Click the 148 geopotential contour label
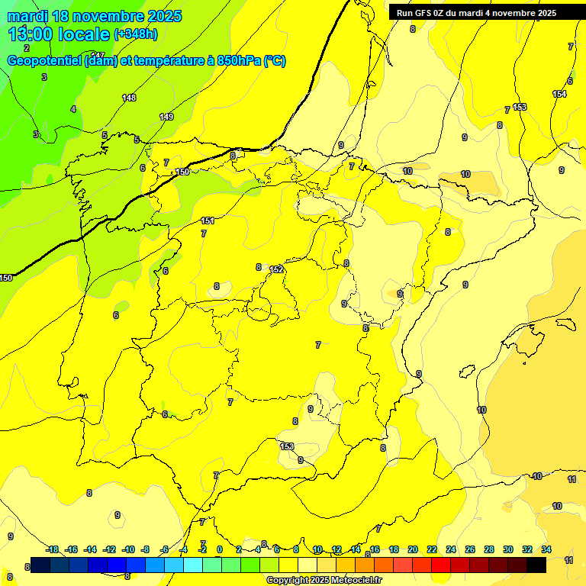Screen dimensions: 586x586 click(129, 98)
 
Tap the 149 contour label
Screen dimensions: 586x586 click(166, 117)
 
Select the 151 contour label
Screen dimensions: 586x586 click(208, 221)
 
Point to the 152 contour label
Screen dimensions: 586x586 click(276, 269)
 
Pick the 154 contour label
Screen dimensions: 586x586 click(559, 94)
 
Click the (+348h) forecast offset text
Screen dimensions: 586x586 click(135, 34)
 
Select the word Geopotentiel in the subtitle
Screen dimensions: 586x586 click(43, 61)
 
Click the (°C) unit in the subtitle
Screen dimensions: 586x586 click(275, 61)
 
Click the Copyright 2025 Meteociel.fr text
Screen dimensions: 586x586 click(324, 581)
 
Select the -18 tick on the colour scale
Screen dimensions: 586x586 click(53, 549)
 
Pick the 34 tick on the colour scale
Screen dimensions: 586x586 click(546, 549)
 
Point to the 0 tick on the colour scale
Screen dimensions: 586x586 click(220, 549)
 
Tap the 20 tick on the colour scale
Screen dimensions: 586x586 click(413, 549)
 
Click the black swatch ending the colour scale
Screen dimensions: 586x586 click(536, 565)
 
